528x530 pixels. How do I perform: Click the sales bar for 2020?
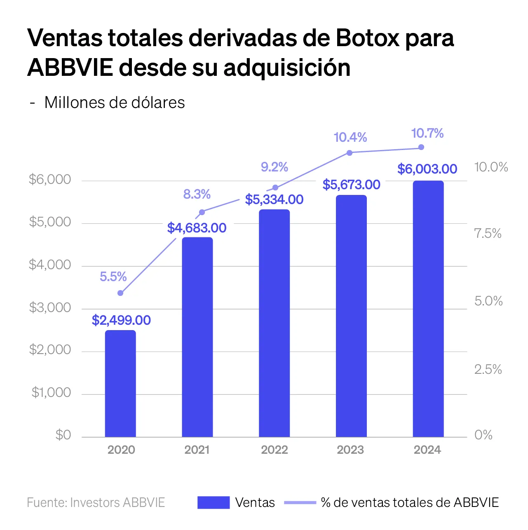(x=120, y=383)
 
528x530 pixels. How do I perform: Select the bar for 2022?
(x=275, y=323)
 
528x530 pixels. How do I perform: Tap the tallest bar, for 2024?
(x=428, y=309)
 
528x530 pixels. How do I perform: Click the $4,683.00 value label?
(x=197, y=228)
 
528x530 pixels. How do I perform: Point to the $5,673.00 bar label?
(x=351, y=185)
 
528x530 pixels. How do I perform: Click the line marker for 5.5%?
(x=120, y=293)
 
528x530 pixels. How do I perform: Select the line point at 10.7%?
(x=421, y=147)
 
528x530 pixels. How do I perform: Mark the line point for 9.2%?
(x=275, y=188)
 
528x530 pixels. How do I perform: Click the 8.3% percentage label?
(x=197, y=194)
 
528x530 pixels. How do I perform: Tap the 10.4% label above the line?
(x=350, y=137)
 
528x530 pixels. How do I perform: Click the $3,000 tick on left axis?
(x=50, y=307)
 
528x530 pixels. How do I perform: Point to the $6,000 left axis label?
(x=50, y=179)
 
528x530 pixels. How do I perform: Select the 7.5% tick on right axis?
(x=488, y=234)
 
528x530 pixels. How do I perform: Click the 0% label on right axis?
(x=483, y=435)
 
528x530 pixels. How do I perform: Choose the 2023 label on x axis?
(x=350, y=450)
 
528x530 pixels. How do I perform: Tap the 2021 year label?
(x=197, y=450)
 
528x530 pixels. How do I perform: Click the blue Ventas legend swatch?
(x=214, y=502)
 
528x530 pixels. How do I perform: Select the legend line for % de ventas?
(x=300, y=502)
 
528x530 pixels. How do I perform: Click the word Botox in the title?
(x=367, y=38)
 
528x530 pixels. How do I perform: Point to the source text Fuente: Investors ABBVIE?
(x=96, y=502)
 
